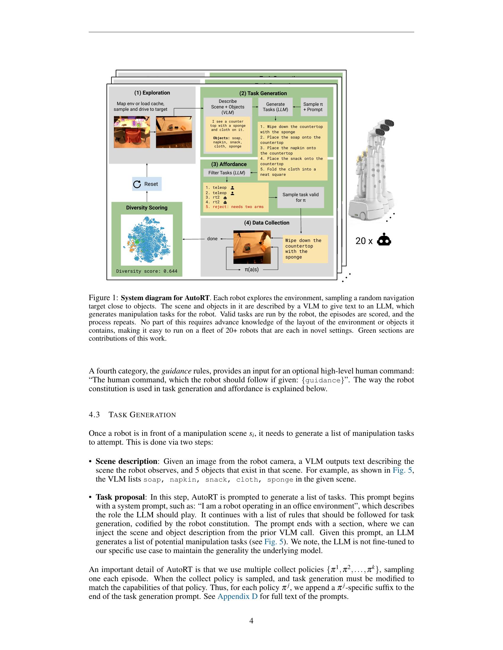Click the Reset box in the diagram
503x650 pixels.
[x=147, y=184]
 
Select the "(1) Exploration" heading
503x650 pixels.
[x=152, y=93]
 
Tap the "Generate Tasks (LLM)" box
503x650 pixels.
[x=275, y=107]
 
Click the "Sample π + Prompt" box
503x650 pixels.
[x=313, y=107]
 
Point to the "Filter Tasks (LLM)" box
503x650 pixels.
[x=227, y=173]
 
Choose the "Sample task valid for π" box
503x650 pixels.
[x=300, y=197]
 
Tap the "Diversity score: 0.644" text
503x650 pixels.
[x=146, y=271]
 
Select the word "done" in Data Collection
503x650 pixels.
[x=212, y=239]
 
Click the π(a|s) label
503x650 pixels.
[x=251, y=270]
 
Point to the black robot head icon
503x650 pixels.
[x=384, y=240]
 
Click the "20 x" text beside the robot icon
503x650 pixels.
[x=364, y=241]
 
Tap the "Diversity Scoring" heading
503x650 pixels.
[x=146, y=208]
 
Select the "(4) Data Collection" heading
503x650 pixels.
[x=267, y=223]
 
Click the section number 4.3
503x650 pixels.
[x=94, y=415]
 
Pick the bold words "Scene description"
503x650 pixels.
[x=126, y=461]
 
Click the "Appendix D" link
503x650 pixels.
[x=238, y=597]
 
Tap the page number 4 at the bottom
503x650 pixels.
[x=251, y=621]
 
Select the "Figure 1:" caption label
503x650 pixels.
[x=104, y=298]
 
